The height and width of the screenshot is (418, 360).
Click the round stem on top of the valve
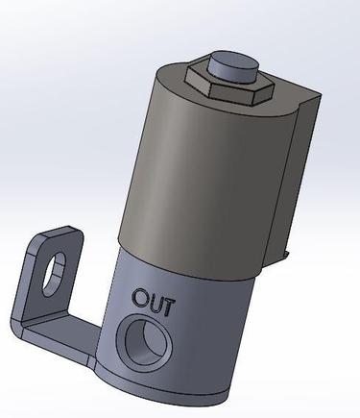pyautogui.click(x=232, y=68)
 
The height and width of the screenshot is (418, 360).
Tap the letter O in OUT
pyautogui.click(x=141, y=297)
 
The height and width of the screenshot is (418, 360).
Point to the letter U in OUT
pyautogui.click(x=155, y=303)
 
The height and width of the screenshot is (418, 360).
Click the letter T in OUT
pyautogui.click(x=169, y=307)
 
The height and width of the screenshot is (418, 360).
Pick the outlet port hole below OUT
pyautogui.click(x=146, y=342)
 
